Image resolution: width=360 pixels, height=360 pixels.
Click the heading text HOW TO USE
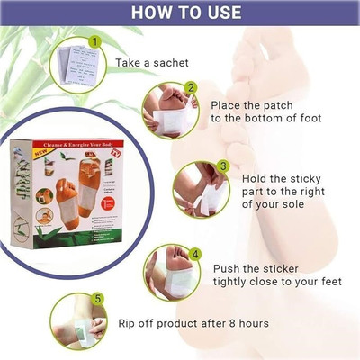click(x=180, y=13)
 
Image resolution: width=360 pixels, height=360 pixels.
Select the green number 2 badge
click(x=190, y=89)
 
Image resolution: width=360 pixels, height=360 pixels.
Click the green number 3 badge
click(x=223, y=167)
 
